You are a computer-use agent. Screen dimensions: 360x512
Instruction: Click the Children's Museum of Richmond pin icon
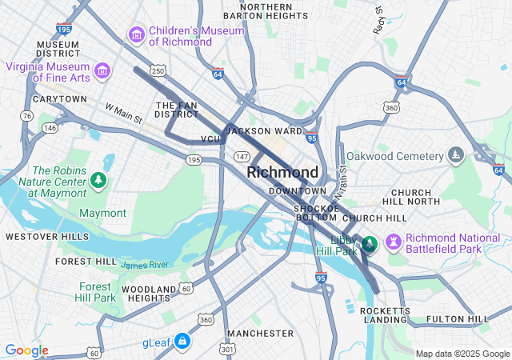click(x=136, y=35)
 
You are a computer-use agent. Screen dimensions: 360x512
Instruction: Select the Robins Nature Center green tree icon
click(x=98, y=181)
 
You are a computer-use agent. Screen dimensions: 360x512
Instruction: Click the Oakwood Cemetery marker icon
click(x=456, y=154)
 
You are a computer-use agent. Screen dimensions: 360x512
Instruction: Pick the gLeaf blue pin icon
click(x=182, y=342)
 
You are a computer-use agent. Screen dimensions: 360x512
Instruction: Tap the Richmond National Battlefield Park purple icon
click(x=393, y=242)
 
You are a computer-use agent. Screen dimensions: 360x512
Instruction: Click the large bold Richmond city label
click(x=282, y=172)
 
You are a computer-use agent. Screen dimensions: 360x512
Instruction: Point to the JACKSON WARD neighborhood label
click(x=264, y=130)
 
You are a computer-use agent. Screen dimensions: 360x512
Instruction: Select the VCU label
click(x=210, y=139)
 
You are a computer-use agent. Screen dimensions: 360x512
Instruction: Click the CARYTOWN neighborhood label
click(x=59, y=99)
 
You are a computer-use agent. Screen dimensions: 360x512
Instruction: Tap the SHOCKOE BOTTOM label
click(x=316, y=211)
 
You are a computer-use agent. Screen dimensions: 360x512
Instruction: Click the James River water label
click(x=145, y=264)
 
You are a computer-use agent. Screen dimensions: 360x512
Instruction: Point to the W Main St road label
click(x=123, y=113)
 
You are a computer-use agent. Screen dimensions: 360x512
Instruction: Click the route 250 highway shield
click(x=158, y=72)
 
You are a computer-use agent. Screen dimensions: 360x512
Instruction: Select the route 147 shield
click(x=242, y=157)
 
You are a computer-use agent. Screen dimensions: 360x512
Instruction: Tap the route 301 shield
click(x=228, y=349)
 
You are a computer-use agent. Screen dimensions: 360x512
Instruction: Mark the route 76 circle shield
click(x=26, y=116)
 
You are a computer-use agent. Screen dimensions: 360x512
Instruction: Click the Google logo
click(x=26, y=350)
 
